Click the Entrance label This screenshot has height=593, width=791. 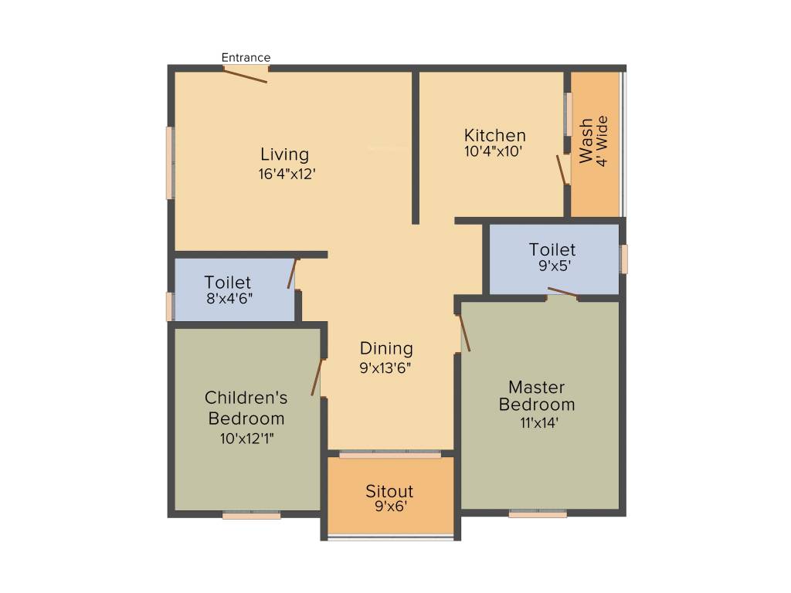(x=246, y=57)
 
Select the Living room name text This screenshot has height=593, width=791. (x=284, y=154)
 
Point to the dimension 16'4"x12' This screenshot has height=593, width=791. (x=287, y=175)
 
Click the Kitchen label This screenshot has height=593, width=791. (x=494, y=135)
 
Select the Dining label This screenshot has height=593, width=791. (x=386, y=348)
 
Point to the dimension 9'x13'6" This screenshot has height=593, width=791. (x=385, y=368)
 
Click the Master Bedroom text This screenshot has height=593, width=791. (x=537, y=395)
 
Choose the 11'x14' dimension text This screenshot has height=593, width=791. (x=539, y=422)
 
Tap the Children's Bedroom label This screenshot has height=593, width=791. (x=246, y=408)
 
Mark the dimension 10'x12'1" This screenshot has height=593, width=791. (x=247, y=439)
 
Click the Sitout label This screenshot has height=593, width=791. (x=389, y=491)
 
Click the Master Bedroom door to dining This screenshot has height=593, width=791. (x=464, y=333)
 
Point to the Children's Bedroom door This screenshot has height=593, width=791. (x=317, y=378)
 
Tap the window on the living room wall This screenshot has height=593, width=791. (x=170, y=163)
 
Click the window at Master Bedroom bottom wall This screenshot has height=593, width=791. (x=538, y=514)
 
